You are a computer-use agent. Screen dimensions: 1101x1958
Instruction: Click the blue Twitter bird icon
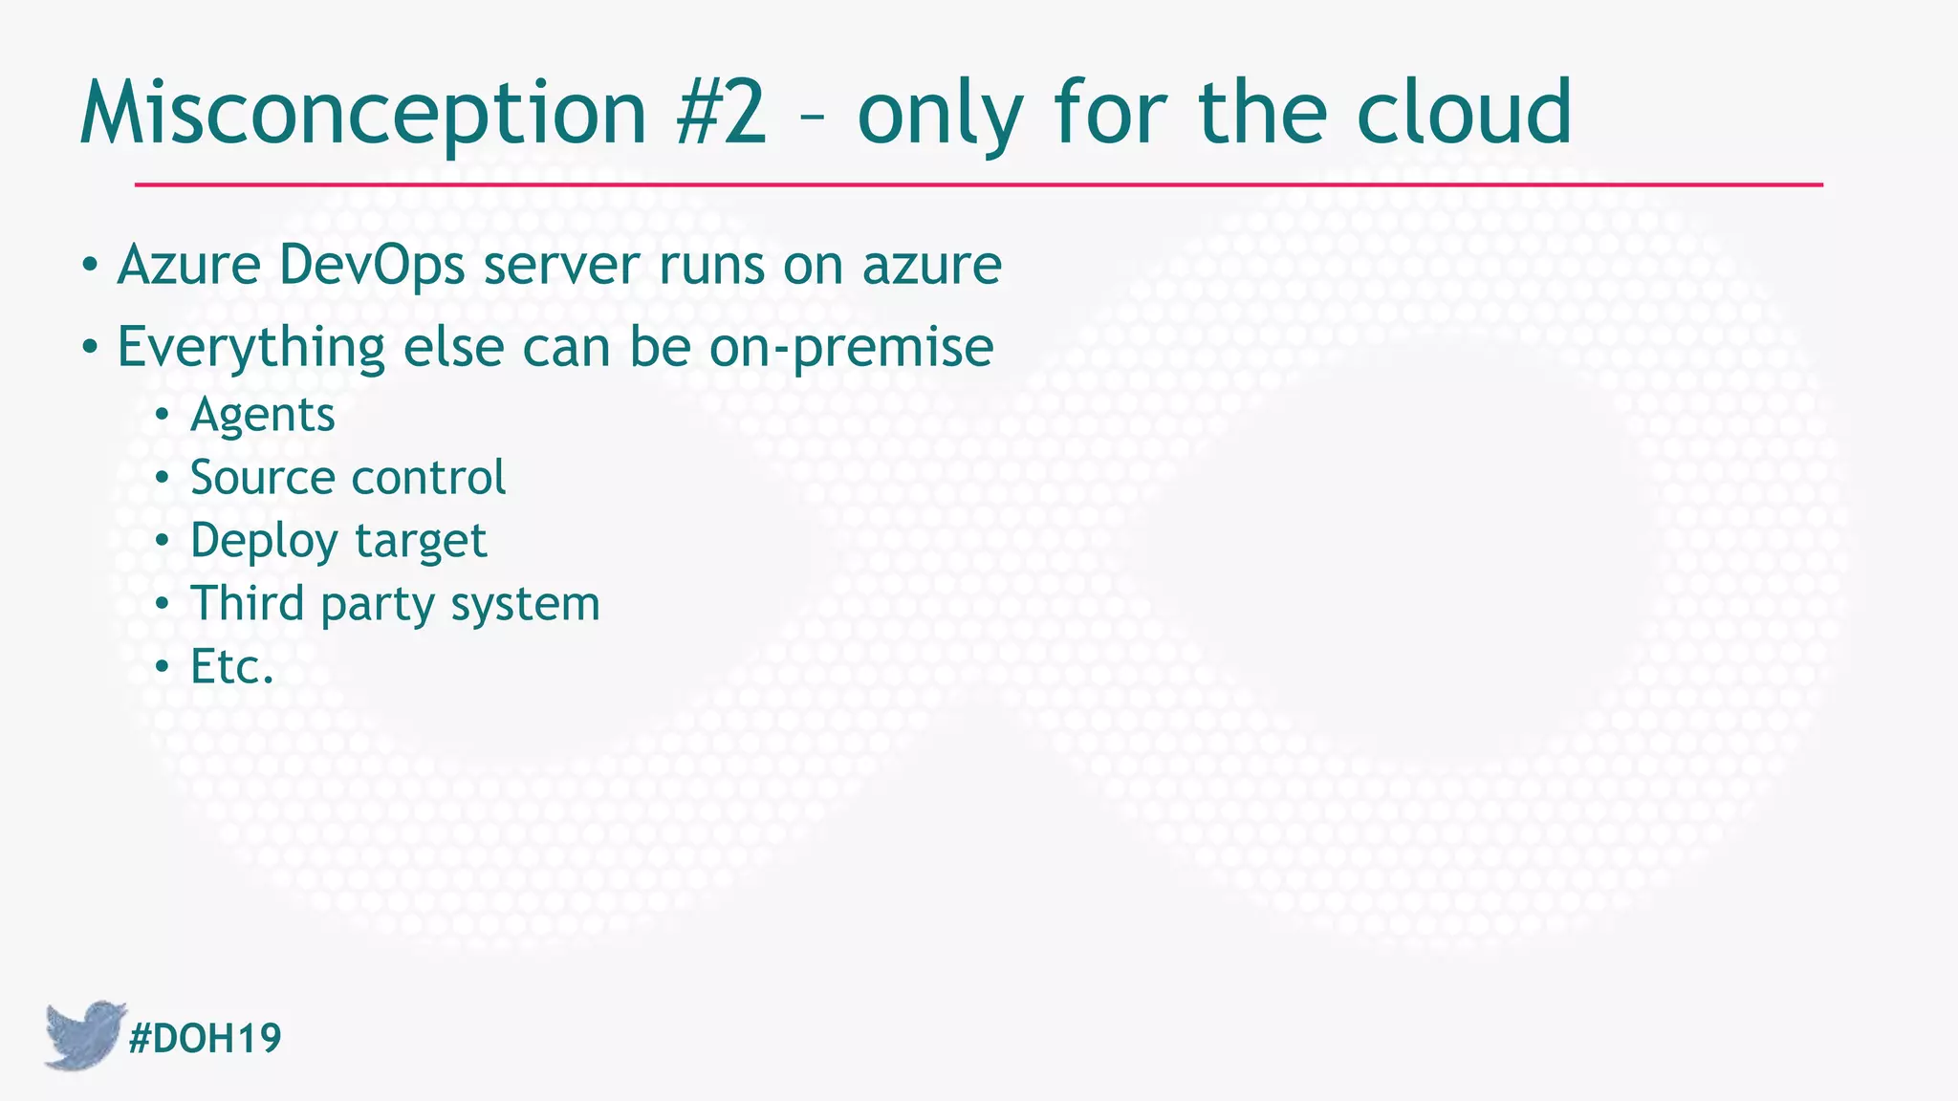[83, 1034]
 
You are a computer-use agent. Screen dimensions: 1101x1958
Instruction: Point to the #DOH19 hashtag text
[205, 1038]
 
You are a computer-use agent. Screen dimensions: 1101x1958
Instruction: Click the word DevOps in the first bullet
[372, 265]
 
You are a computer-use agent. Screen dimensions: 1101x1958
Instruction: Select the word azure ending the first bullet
[931, 265]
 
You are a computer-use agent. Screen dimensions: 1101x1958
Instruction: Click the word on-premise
[851, 346]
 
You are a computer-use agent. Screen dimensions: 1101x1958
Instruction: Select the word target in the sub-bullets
[421, 541]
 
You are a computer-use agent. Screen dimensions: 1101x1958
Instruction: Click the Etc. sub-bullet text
[232, 666]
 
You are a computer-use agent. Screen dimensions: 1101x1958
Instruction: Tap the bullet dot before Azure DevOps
[89, 266]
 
